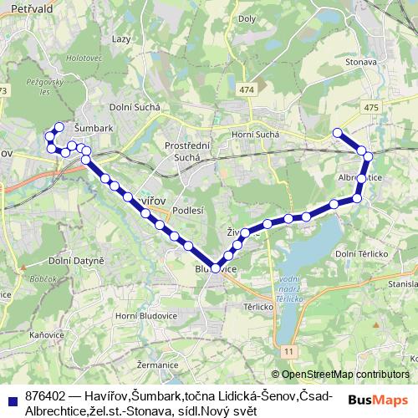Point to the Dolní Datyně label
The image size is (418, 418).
pyautogui.click(x=77, y=260)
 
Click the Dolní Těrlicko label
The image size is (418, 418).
pyautogui.click(x=360, y=253)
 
